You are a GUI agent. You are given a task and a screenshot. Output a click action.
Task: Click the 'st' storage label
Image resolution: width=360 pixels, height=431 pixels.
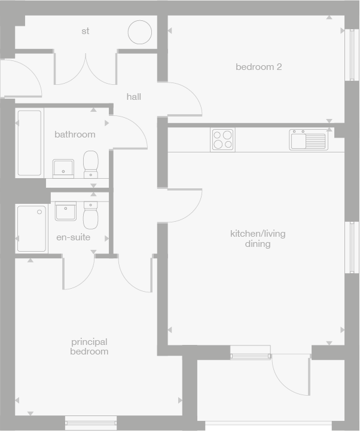[x=86, y=31]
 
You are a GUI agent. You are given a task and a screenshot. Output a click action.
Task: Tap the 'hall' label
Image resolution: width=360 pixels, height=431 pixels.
[x=134, y=96]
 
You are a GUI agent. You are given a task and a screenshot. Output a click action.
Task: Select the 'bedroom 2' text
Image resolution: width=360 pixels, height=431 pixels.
[x=258, y=67]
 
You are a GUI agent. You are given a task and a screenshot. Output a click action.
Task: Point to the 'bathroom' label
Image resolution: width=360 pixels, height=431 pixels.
[x=75, y=135]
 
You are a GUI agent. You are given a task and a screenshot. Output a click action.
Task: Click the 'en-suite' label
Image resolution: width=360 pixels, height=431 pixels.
[x=74, y=237]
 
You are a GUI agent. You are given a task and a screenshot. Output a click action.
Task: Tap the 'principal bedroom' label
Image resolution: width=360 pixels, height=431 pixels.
[x=90, y=347]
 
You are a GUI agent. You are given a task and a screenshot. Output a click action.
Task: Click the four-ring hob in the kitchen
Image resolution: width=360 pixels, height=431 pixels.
[x=222, y=139]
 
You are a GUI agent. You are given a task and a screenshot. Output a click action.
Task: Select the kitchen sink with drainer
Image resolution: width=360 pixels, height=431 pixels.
[x=308, y=140]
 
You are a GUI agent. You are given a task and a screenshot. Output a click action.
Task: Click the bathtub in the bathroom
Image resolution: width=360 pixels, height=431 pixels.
[x=29, y=143]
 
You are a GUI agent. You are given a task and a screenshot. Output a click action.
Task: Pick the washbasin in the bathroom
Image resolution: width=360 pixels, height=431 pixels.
[x=63, y=168]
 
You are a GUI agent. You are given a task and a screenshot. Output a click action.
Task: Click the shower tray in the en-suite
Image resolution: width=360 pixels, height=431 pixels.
[x=31, y=228]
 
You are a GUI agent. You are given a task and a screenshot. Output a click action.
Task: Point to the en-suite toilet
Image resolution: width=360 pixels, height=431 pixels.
[x=91, y=216]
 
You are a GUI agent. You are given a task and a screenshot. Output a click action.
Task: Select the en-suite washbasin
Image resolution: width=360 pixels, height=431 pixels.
[x=65, y=210]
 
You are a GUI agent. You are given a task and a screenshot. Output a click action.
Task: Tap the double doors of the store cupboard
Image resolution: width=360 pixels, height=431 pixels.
[x=86, y=69]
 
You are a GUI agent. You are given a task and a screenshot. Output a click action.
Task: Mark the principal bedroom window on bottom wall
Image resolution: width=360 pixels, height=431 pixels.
[x=90, y=423]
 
